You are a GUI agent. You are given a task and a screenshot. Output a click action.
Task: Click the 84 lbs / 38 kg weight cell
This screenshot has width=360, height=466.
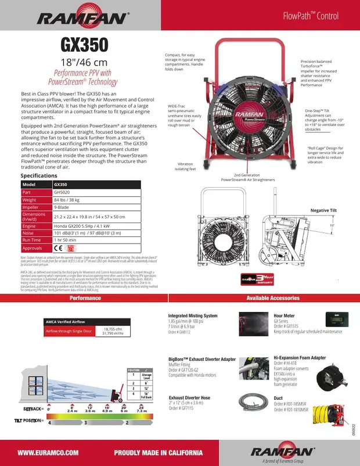coord(67,199)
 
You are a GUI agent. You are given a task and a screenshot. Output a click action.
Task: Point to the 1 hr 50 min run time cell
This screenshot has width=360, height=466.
coord(67,239)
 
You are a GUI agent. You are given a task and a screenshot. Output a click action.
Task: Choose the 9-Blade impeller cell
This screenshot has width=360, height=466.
coord(63,207)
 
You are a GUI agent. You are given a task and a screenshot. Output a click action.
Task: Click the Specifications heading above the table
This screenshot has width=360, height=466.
coord(39,175)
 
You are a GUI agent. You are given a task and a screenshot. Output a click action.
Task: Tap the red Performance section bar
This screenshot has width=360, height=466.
coord(85,298)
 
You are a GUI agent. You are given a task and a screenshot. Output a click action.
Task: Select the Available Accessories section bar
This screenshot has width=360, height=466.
coord(273,298)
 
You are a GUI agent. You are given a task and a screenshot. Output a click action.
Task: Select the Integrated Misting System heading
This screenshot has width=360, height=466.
coord(189,316)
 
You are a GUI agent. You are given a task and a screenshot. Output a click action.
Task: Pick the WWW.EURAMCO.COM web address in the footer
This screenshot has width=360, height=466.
coord(48,452)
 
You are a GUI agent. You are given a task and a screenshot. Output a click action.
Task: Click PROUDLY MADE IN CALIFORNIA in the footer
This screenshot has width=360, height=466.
coord(159,452)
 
